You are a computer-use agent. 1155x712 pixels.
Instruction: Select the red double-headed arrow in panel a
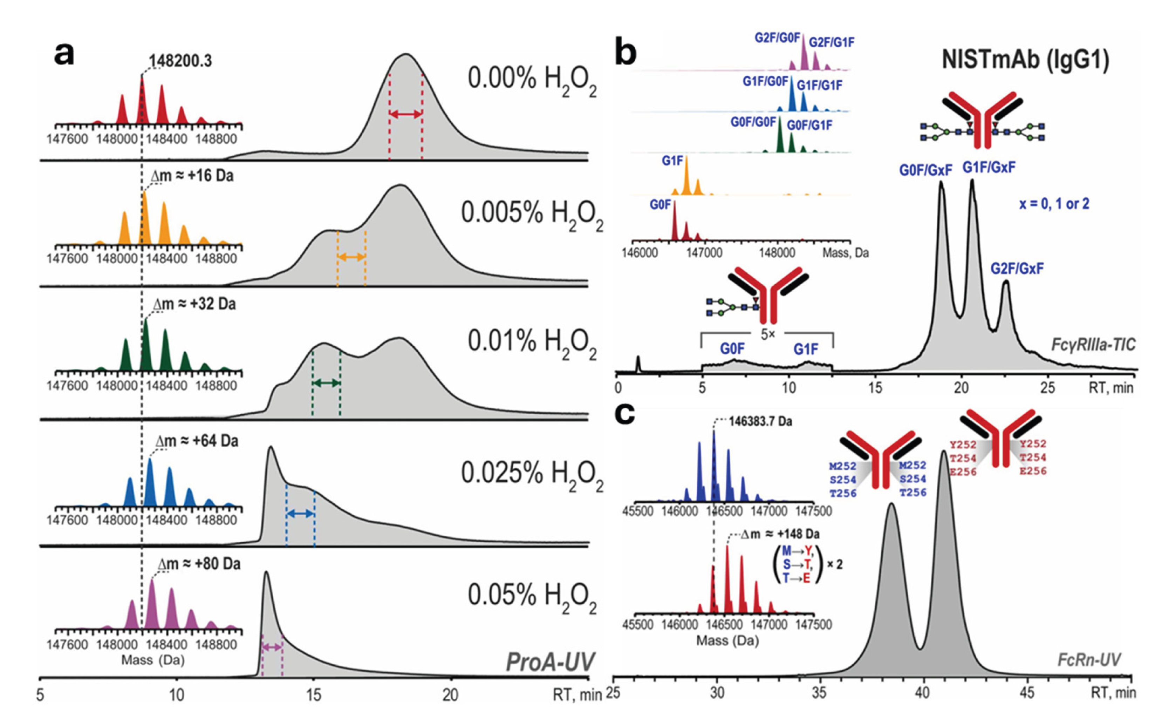tap(405, 114)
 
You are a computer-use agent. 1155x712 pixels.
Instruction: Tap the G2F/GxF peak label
tap(1017, 269)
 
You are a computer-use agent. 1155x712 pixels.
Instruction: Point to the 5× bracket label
tap(768, 335)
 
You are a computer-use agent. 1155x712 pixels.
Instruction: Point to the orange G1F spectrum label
tap(672, 161)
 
